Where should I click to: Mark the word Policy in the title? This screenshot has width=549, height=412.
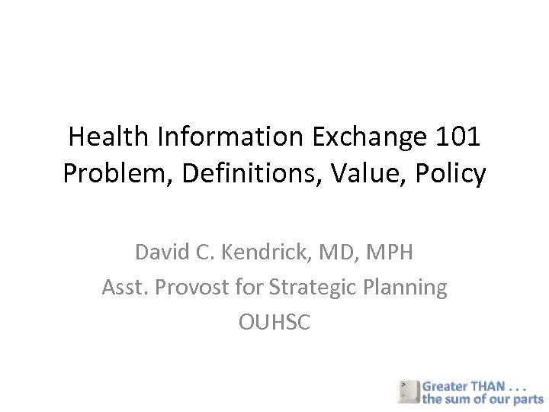[x=449, y=175]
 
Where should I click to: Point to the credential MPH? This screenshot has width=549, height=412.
[x=390, y=252]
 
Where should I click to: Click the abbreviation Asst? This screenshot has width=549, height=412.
[x=125, y=288]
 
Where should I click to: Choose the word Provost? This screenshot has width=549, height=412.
[x=192, y=288]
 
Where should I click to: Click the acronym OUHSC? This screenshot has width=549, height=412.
[x=274, y=323]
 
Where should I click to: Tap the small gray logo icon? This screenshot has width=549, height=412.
[x=408, y=391]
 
